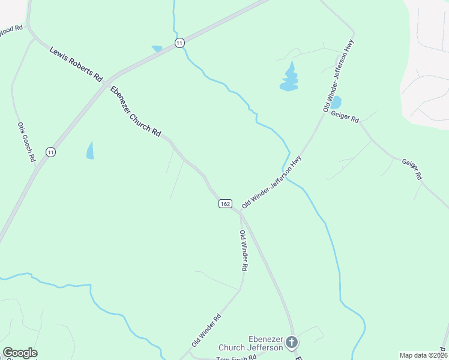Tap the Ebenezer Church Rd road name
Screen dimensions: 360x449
135,112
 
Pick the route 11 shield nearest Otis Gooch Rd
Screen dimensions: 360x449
50,152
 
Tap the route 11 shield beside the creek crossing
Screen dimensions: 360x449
179,43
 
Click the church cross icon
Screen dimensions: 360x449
292,343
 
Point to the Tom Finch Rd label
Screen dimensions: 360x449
236,357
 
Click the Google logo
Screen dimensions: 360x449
20,353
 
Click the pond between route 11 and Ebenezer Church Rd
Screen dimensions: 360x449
90,150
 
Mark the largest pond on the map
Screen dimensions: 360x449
289,79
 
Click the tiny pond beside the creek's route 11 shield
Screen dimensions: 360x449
157,48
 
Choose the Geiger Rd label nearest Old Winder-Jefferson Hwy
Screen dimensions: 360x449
345,118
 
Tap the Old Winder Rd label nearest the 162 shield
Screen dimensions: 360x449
243,250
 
